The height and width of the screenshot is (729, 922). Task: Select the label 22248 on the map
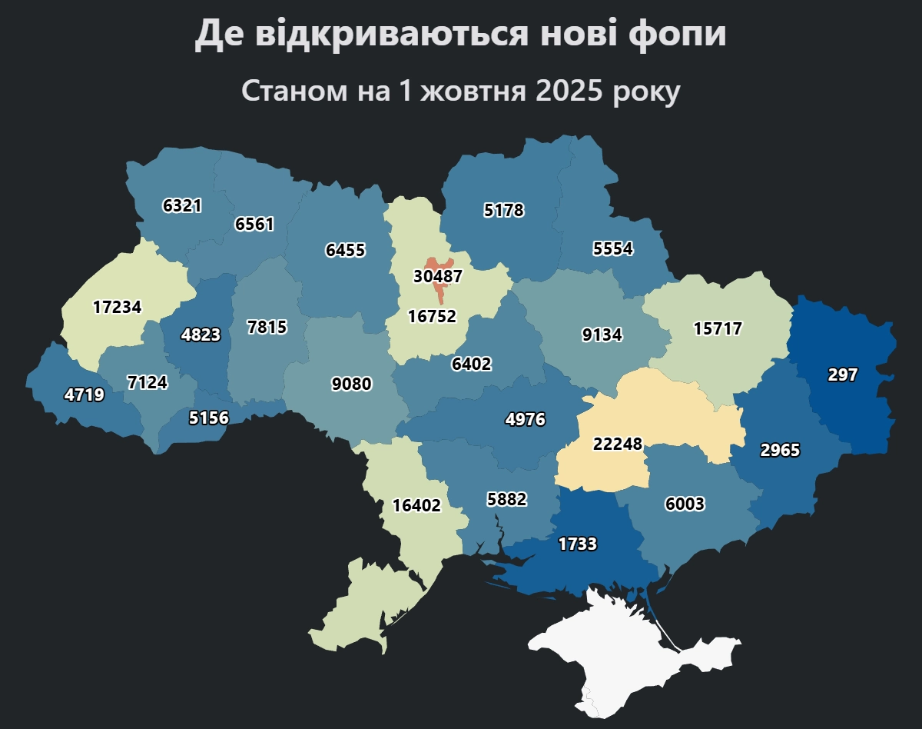click(618, 444)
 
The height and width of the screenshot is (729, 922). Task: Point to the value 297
click(842, 375)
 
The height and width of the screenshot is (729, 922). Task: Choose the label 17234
click(117, 308)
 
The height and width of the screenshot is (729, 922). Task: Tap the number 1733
click(577, 544)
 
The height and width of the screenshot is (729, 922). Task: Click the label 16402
click(416, 506)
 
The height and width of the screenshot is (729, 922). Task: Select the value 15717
click(718, 329)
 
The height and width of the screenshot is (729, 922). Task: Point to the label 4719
click(84, 396)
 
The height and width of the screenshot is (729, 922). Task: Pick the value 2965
click(780, 451)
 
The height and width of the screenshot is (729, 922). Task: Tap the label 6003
click(684, 504)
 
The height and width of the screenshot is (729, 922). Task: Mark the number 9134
click(602, 335)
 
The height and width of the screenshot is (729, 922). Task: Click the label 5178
click(503, 210)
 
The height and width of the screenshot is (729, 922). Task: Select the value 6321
click(182, 206)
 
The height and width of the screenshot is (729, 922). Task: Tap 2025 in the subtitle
click(570, 91)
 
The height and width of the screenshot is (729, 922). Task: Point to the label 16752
click(432, 317)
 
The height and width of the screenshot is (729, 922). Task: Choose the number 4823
click(201, 335)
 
